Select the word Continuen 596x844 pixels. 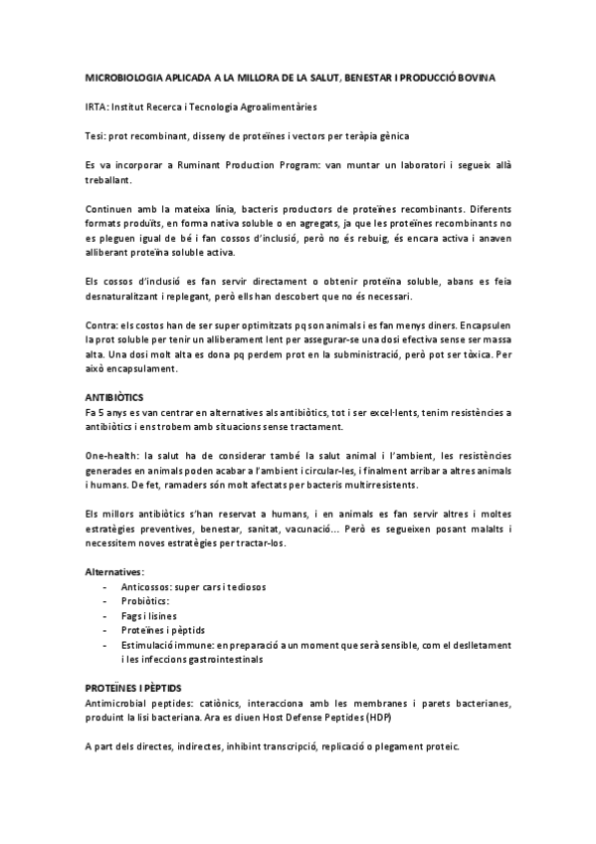tap(109, 211)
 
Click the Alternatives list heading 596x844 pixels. tap(115, 573)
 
